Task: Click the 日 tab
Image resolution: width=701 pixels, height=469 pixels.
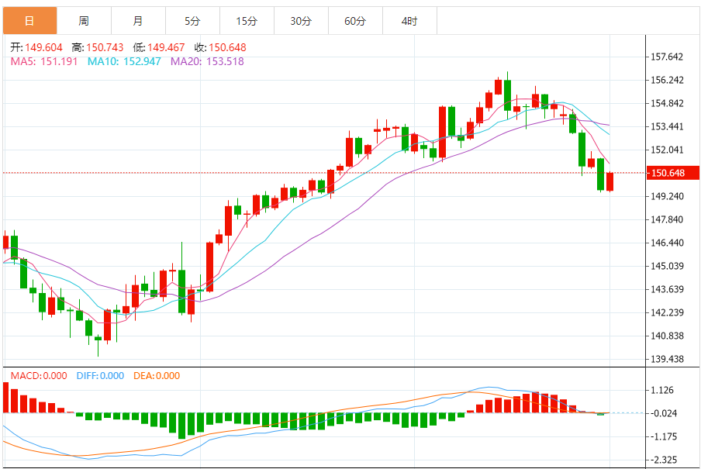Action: (29, 21)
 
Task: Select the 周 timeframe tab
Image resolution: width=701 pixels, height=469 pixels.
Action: (84, 21)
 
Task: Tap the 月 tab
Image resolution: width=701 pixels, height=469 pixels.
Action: (138, 21)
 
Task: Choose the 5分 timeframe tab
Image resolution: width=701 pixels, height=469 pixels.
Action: (192, 21)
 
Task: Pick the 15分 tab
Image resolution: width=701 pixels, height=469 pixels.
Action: (247, 21)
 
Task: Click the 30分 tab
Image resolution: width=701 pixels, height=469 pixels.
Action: (301, 21)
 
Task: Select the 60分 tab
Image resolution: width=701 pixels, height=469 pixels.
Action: (355, 21)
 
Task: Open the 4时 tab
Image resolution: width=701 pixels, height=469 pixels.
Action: (409, 21)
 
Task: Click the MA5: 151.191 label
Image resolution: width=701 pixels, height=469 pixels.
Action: (43, 61)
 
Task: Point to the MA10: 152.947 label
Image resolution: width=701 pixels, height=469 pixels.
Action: (124, 61)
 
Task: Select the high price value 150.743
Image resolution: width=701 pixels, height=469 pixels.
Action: (104, 48)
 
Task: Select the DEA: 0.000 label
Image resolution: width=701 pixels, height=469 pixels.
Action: (157, 376)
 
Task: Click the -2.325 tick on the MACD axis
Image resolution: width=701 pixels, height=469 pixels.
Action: (666, 460)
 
